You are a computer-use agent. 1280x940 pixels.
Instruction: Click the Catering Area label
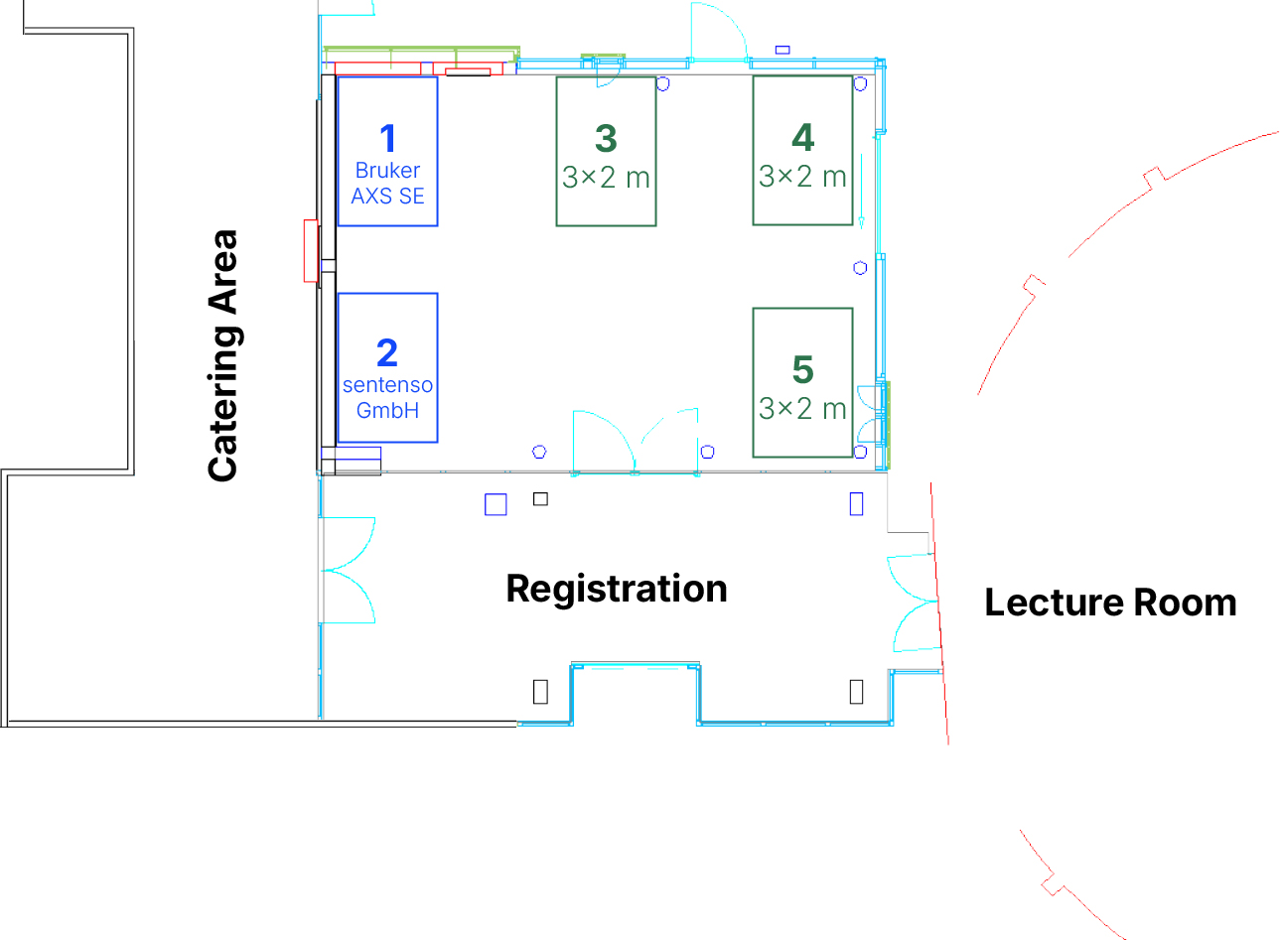click(222, 355)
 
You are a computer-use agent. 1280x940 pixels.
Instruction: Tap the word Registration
click(616, 589)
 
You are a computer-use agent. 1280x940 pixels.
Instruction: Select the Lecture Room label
click(1109, 603)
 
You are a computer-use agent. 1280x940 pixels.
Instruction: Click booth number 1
click(387, 138)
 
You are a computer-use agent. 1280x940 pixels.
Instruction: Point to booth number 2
click(387, 352)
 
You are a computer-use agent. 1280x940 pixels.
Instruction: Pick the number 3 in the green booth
click(606, 138)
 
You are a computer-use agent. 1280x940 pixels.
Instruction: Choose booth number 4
click(802, 137)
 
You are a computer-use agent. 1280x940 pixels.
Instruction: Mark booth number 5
click(802, 369)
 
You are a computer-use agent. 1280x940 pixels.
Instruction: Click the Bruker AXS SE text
click(387, 184)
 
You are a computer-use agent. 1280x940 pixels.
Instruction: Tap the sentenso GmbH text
click(387, 398)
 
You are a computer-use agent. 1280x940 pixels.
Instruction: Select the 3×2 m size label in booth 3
click(606, 178)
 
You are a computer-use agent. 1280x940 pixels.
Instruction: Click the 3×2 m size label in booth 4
click(802, 177)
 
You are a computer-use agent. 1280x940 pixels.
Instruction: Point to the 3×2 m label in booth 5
click(802, 408)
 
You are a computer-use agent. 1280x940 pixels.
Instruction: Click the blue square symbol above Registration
click(496, 504)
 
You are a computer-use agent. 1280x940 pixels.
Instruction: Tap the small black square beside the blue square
click(540, 498)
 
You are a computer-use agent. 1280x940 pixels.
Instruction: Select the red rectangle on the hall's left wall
click(310, 251)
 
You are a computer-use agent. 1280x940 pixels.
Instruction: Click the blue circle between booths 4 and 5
click(860, 268)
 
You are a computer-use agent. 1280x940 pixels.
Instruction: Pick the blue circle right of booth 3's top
click(662, 83)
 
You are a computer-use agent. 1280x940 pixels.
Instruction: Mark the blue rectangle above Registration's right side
click(856, 504)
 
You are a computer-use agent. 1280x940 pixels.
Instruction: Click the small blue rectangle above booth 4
click(782, 50)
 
